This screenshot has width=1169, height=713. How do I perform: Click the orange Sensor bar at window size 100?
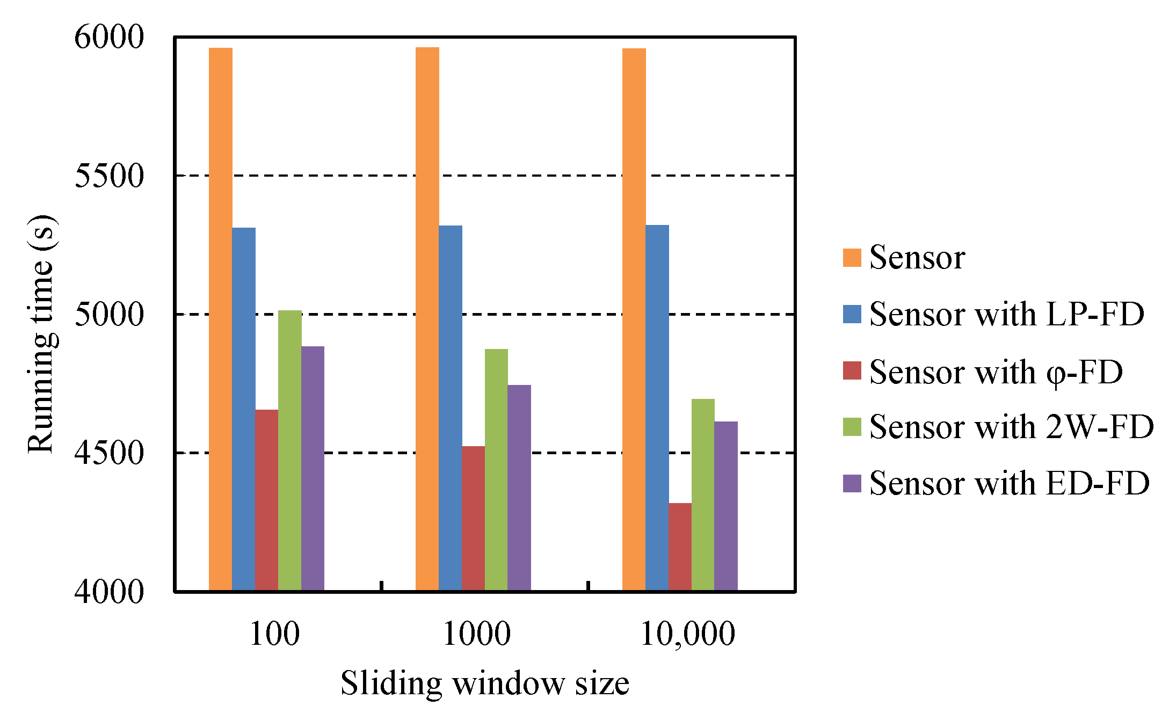click(220, 319)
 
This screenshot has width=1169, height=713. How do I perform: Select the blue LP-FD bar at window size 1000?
click(450, 408)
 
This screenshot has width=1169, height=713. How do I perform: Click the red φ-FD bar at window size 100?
click(266, 500)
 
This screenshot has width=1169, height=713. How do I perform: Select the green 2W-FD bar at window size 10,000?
click(703, 494)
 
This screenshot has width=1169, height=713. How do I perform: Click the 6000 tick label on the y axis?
click(109, 38)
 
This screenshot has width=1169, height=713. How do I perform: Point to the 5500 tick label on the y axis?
click(109, 176)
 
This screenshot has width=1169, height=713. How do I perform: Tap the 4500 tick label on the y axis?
click(109, 453)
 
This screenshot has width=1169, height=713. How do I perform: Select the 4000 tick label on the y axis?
click(109, 592)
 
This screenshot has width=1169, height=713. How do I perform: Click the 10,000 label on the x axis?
click(687, 634)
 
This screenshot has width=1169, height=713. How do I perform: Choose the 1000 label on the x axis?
click(476, 634)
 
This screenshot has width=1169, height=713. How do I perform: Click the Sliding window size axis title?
click(484, 683)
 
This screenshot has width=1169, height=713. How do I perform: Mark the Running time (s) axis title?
click(42, 334)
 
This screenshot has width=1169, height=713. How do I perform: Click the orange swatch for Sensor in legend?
click(852, 258)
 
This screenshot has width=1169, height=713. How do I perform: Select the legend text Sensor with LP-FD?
click(1006, 314)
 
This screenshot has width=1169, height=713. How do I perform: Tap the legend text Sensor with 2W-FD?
click(1011, 427)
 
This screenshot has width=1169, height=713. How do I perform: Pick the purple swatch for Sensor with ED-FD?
click(852, 483)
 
